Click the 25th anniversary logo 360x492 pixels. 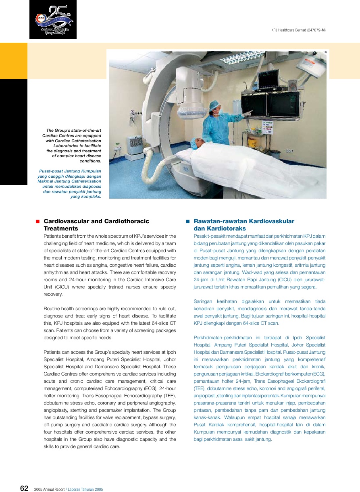53,20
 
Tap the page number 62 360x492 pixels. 24,488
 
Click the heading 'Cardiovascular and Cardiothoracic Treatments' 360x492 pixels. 96,225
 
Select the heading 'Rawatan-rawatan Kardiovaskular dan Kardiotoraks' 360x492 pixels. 244,225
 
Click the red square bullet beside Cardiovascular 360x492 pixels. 37,222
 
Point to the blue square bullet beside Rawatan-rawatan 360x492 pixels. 187,222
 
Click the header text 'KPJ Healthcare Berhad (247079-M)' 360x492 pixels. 298,30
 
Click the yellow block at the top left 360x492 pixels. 14,61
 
